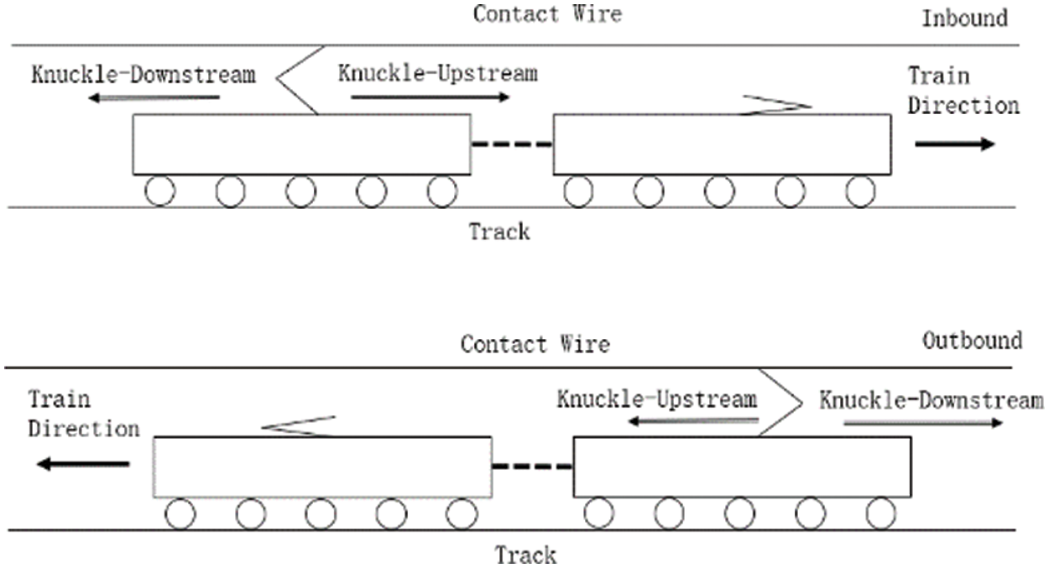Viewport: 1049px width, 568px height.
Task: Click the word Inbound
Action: click(x=964, y=18)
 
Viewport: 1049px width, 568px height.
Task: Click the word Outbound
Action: click(x=972, y=341)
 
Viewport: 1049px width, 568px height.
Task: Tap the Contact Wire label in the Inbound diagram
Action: click(x=547, y=14)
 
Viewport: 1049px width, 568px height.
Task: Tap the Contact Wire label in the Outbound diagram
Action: click(x=535, y=344)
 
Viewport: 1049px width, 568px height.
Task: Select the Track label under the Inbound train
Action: click(x=500, y=231)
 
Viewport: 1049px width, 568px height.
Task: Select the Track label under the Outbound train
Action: click(x=524, y=555)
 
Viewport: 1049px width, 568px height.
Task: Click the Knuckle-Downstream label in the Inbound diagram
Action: click(x=144, y=74)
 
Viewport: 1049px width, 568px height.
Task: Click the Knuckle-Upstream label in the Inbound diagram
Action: click(x=437, y=73)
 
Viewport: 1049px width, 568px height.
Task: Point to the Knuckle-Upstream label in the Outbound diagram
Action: click(x=657, y=399)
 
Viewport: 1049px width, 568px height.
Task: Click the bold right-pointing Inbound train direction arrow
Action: click(x=954, y=143)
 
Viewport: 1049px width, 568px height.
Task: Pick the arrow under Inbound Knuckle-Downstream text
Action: click(x=154, y=98)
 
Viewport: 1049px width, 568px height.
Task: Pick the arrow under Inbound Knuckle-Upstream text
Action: click(x=431, y=97)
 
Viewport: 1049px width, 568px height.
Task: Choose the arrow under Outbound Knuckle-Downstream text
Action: click(x=922, y=423)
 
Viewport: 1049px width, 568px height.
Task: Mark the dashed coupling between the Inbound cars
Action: click(x=512, y=144)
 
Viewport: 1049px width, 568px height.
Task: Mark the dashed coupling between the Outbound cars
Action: click(x=532, y=466)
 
